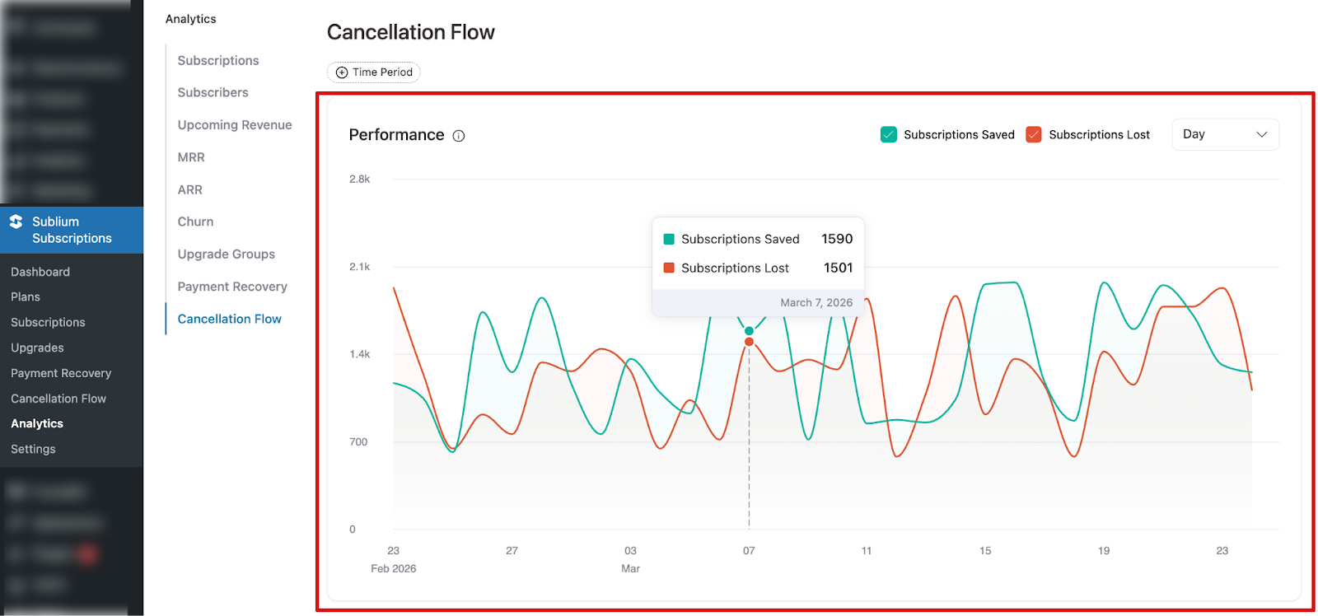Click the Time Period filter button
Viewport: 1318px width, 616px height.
click(374, 72)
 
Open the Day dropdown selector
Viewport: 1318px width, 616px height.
click(1224, 134)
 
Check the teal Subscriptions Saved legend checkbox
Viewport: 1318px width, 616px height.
click(888, 134)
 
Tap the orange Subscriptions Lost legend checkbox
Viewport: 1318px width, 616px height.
click(1033, 134)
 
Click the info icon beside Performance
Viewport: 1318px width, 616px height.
click(459, 136)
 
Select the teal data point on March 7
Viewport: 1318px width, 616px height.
click(749, 331)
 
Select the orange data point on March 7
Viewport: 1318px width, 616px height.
click(749, 342)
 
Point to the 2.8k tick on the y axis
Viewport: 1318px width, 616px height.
click(359, 179)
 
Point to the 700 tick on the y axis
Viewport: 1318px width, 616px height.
click(358, 442)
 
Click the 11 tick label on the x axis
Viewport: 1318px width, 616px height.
click(867, 550)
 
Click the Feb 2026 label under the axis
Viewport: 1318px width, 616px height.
click(393, 568)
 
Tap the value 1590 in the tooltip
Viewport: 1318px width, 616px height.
click(836, 239)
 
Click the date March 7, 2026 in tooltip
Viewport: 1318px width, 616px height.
click(816, 302)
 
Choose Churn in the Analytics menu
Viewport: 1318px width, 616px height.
click(195, 222)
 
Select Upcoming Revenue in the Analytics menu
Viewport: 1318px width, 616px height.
click(235, 125)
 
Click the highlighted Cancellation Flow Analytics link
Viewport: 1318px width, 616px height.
click(229, 319)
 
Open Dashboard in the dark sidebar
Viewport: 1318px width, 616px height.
click(40, 272)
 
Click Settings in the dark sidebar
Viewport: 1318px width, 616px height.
click(33, 449)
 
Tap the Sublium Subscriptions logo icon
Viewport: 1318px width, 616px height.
click(16, 222)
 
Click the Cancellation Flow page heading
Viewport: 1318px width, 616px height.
click(410, 32)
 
